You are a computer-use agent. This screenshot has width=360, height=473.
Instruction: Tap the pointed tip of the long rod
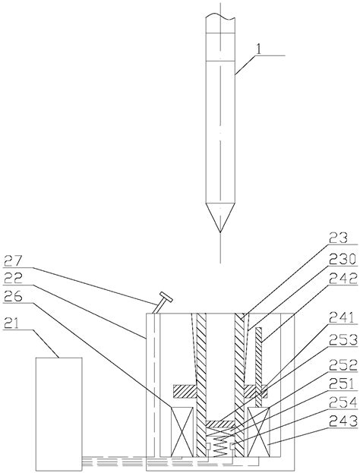[x=220, y=232]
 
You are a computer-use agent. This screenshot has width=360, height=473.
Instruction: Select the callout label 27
[x=13, y=261]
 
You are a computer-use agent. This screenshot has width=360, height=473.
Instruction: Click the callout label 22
[x=13, y=279]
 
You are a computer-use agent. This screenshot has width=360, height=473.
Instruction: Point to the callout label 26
[x=13, y=297]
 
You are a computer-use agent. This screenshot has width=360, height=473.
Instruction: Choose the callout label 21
[x=11, y=324]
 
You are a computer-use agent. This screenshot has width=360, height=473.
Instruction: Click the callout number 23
[x=339, y=238]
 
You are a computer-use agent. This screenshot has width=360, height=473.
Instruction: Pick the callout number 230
[x=343, y=260]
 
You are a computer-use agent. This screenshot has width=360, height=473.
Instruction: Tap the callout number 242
[x=343, y=279]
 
